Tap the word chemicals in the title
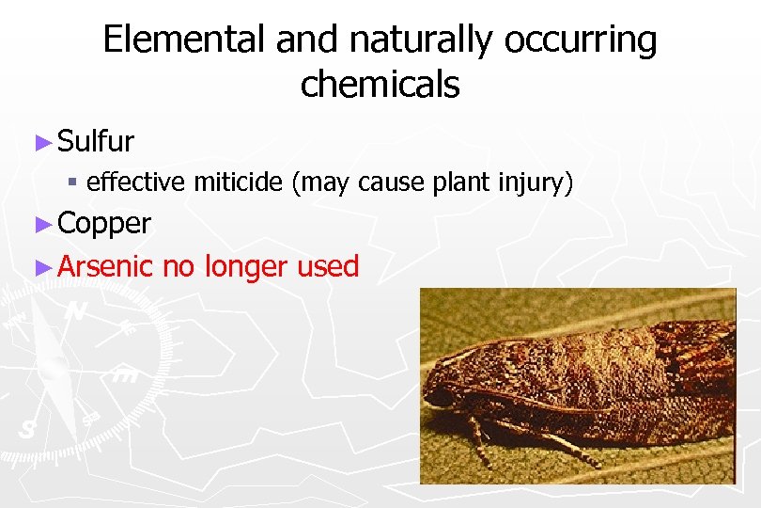pyautogui.click(x=380, y=85)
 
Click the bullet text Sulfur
pyautogui.click(x=95, y=142)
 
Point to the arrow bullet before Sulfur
pyautogui.click(x=40, y=143)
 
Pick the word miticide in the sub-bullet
pyautogui.click(x=239, y=182)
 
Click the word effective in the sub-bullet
pyautogui.click(x=136, y=182)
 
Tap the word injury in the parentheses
pyautogui.click(x=534, y=183)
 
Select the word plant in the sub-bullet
pyautogui.click(x=458, y=183)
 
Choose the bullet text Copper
pyautogui.click(x=103, y=224)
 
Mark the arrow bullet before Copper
pyautogui.click(x=40, y=224)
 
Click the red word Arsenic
pyautogui.click(x=104, y=266)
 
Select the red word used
pyautogui.click(x=328, y=266)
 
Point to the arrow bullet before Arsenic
pyautogui.click(x=40, y=267)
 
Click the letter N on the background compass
pyautogui.click(x=78, y=310)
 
